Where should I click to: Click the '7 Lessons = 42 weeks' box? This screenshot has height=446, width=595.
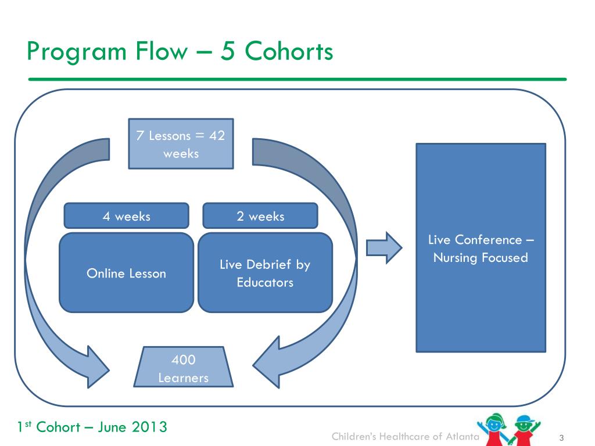click(x=181, y=144)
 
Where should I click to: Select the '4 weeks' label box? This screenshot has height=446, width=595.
click(x=126, y=216)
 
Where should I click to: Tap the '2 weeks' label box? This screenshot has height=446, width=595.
click(x=260, y=216)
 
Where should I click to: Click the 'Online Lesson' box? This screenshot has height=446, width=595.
click(x=126, y=273)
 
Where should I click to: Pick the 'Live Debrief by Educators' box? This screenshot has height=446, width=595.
click(x=265, y=273)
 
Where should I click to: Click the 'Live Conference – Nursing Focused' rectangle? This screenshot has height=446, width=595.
click(x=481, y=248)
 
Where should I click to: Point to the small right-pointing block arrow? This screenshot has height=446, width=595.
click(x=383, y=248)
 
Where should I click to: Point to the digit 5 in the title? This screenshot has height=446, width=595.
click(x=226, y=52)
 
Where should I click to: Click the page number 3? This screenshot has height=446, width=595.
click(x=562, y=437)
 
